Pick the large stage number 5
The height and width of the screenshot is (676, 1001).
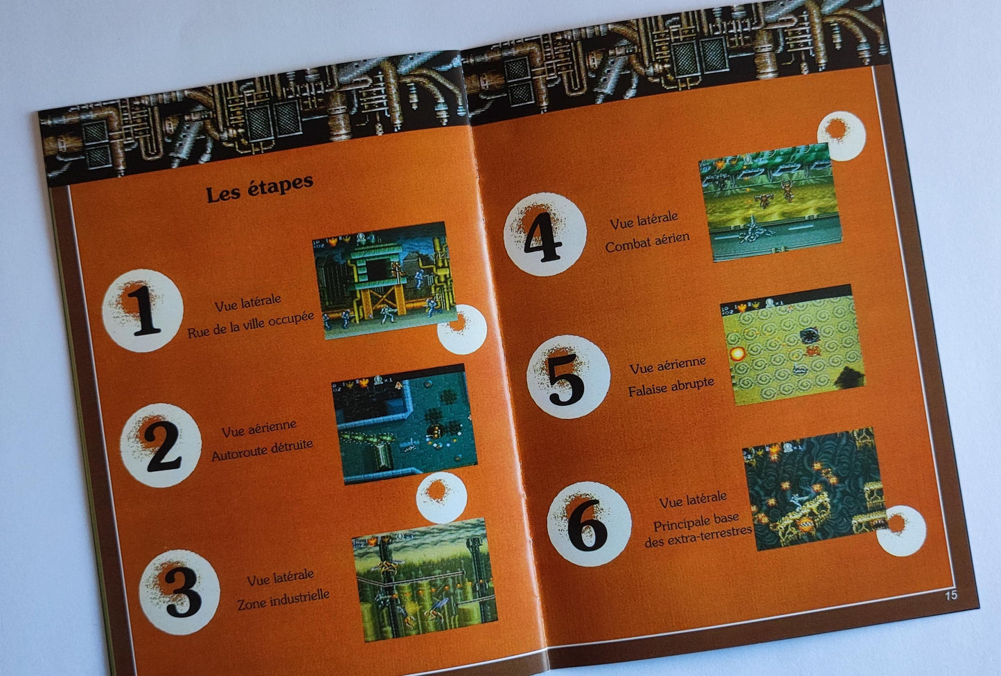point(567,380)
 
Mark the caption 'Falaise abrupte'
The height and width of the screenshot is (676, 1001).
point(671,385)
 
